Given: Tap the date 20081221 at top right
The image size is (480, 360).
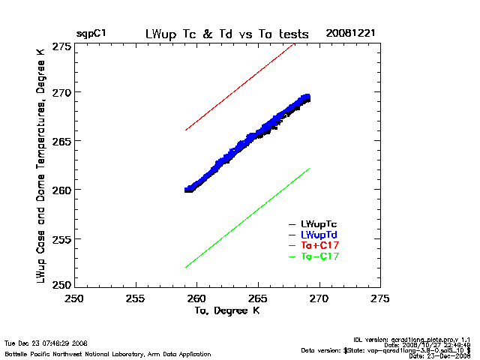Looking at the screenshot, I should tap(349, 34).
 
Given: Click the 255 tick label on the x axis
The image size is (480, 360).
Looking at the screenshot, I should tap(135, 298).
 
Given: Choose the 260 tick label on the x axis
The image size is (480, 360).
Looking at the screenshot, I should tap(196, 298).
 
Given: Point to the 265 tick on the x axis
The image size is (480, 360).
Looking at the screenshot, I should tap(258, 298).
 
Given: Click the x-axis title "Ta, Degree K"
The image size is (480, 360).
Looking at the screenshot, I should tap(226, 310).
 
